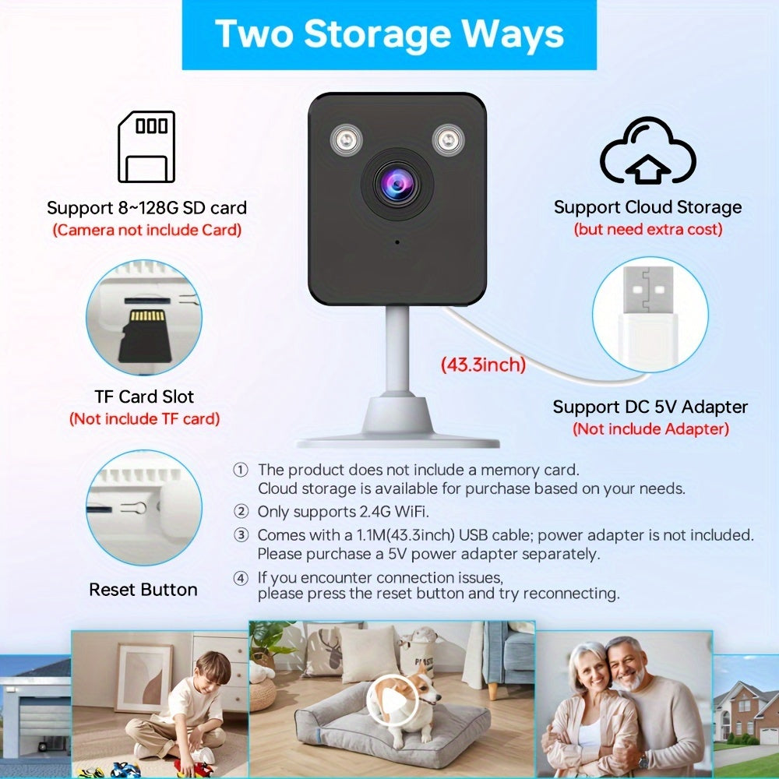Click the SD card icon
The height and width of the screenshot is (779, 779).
[146, 146]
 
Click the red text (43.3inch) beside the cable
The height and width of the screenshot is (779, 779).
[483, 364]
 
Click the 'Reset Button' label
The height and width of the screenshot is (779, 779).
[143, 590]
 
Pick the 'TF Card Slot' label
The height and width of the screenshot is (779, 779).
[144, 397]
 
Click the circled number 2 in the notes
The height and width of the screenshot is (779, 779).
[241, 511]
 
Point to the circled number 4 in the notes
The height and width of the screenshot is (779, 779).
[241, 578]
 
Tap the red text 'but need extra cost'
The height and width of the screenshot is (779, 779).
[648, 229]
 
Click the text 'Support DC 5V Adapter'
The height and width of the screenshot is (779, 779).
[650, 407]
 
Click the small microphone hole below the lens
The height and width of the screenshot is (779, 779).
[397, 242]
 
